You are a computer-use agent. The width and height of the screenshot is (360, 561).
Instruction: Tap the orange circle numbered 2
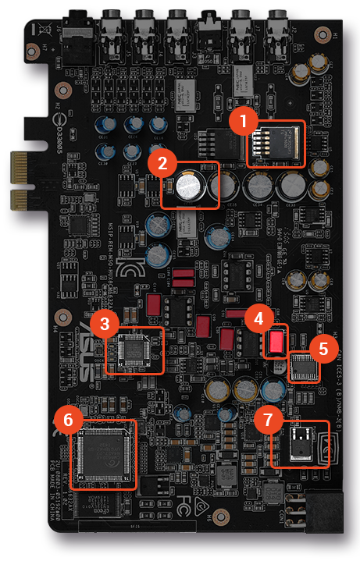coord(162,163)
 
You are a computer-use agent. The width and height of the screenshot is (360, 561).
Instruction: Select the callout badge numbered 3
coord(103,321)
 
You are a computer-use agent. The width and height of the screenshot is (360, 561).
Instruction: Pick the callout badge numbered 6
coord(68,421)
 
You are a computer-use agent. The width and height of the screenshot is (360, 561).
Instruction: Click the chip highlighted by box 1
coord(277,144)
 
